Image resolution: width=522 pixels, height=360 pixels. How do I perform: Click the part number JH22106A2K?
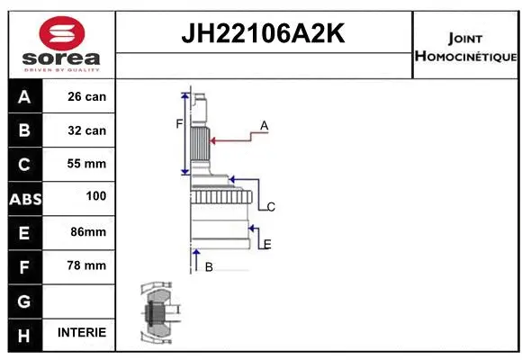(x=263, y=35)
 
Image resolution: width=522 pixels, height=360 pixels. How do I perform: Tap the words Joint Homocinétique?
(x=465, y=47)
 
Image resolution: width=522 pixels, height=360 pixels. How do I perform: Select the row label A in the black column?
(x=24, y=97)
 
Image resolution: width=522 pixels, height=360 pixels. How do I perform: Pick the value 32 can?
(x=86, y=130)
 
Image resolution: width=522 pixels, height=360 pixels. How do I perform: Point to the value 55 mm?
(x=86, y=164)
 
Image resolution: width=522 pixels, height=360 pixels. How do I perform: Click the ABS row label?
(x=24, y=198)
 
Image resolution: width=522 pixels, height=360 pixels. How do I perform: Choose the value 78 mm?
(x=86, y=265)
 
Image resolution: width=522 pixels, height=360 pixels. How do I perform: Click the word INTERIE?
(x=81, y=332)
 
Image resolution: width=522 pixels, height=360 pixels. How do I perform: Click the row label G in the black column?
(x=24, y=299)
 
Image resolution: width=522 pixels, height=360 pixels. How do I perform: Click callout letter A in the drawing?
(x=265, y=125)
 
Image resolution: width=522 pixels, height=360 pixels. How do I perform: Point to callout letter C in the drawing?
(x=270, y=207)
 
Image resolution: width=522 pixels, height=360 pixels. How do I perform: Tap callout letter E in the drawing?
(x=267, y=244)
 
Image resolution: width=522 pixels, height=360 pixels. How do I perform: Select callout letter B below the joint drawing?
(x=209, y=266)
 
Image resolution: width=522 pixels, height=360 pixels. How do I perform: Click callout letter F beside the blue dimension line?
(x=179, y=123)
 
